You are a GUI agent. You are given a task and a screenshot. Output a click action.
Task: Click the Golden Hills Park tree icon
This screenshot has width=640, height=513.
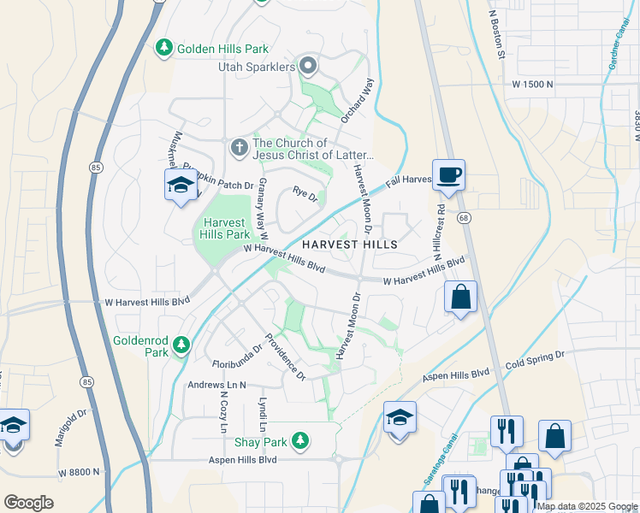coord(164,49)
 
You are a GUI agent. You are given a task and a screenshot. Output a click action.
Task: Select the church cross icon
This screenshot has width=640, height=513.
coord(239,149)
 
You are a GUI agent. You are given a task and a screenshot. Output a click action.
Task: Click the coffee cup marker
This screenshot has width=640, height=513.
coord(448,175)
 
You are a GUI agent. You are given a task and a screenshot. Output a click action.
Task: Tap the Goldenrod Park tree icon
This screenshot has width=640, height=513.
coord(181,345)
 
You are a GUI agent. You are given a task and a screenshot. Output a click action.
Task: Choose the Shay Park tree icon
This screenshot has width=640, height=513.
coord(299,441)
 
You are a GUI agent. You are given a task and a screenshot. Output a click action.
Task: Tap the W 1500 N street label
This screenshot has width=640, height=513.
coord(533,85)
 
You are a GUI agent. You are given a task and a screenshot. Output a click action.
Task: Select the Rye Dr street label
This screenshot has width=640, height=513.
coord(305,196)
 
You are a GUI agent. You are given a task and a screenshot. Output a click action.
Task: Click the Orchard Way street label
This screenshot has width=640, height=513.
coord(358,101)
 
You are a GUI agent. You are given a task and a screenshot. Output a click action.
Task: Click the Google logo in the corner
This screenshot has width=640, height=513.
coord(28,503)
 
